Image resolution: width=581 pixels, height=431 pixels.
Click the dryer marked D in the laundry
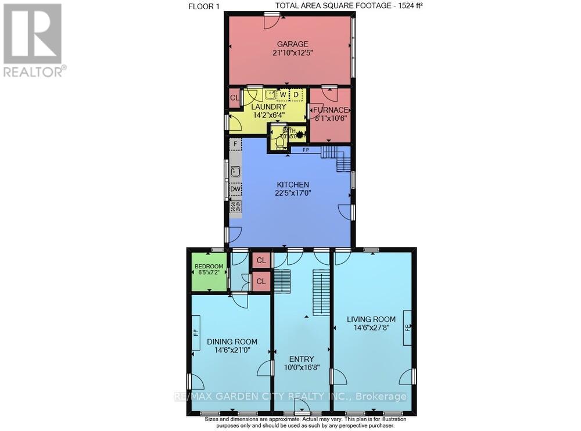pos(296,94)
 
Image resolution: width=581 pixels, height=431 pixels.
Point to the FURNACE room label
pos(332,110)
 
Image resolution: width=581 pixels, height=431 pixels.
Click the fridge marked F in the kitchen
pos(235,143)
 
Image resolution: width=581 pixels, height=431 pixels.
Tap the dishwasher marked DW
pos(235,189)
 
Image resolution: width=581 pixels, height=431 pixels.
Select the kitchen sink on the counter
pos(235,171)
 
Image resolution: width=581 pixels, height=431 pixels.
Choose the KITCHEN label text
pos(292,185)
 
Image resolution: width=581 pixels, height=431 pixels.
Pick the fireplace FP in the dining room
pos(196,332)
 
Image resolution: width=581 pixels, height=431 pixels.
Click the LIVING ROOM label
pos(371,319)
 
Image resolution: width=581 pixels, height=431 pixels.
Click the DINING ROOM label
pos(232,342)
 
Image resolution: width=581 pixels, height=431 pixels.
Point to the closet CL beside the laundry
pos(234,98)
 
